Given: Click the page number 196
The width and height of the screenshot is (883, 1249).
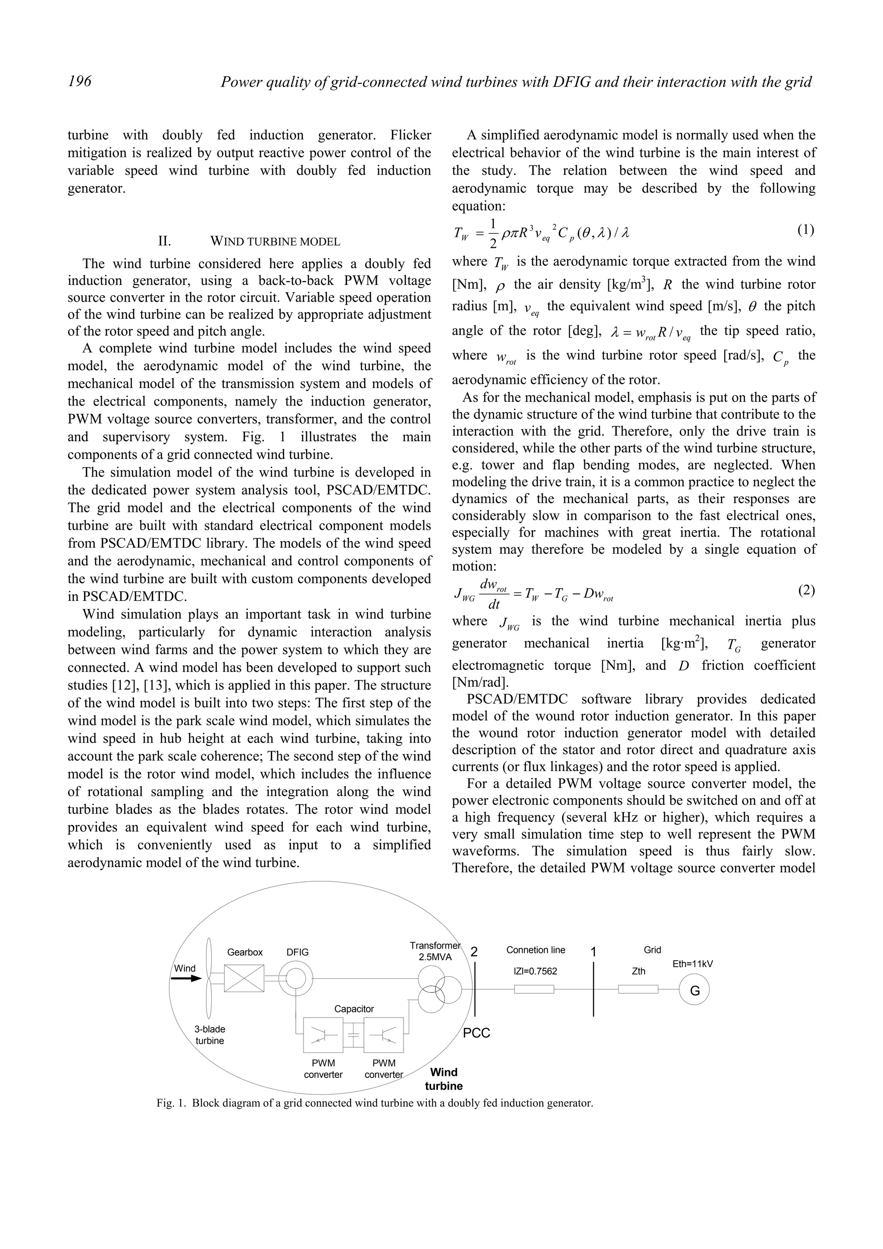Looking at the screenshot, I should click(x=79, y=81).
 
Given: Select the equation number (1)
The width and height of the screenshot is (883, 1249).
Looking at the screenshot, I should click(x=806, y=230).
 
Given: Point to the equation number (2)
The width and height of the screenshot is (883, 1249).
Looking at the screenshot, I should click(x=806, y=590).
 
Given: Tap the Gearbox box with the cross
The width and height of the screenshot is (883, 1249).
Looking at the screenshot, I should click(x=244, y=978).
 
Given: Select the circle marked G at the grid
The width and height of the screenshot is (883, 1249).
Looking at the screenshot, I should click(x=695, y=990).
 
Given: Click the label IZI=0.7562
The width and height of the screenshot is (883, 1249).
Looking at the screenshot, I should click(x=535, y=971).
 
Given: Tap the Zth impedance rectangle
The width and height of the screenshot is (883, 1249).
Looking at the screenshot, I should click(x=638, y=989).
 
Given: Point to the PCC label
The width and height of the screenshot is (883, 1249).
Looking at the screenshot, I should click(x=476, y=1033).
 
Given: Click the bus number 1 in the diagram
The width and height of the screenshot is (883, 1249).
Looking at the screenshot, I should click(x=594, y=952).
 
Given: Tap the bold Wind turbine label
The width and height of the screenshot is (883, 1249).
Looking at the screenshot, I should click(x=443, y=1079).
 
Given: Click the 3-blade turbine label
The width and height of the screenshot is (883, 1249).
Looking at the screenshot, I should click(x=210, y=1035).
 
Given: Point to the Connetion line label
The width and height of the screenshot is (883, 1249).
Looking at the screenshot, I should click(x=535, y=950).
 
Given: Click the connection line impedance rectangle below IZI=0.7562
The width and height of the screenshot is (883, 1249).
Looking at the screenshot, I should click(x=534, y=989).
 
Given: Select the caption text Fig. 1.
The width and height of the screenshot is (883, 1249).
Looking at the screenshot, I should click(x=171, y=1103).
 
